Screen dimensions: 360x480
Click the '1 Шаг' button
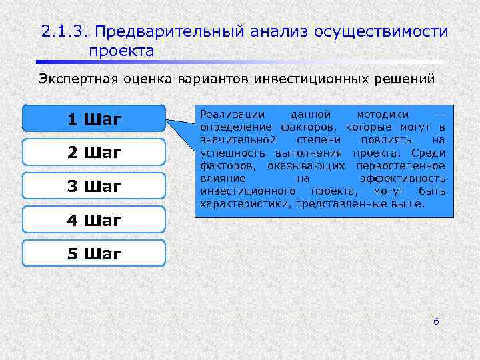[x=94, y=119]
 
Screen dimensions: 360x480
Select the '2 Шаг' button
[x=94, y=153]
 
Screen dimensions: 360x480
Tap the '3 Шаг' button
[x=94, y=187]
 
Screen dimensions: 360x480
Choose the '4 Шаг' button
[x=94, y=220]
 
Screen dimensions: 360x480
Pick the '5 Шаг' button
[x=94, y=253]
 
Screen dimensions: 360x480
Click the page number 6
[x=436, y=321]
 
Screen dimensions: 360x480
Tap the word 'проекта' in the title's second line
[x=121, y=51]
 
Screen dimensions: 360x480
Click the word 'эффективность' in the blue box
[x=401, y=179]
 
